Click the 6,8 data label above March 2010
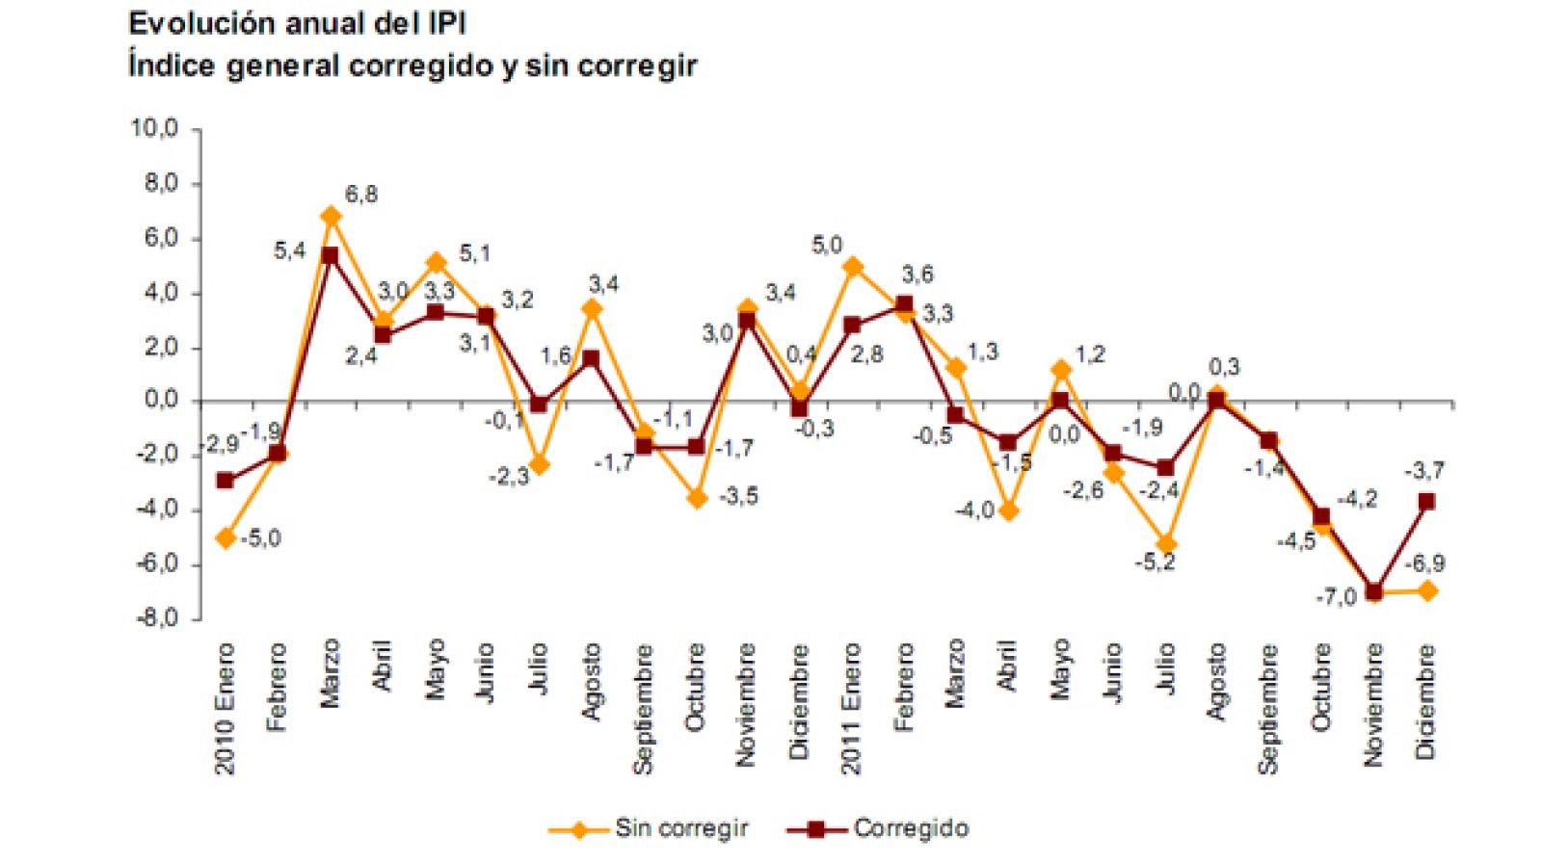pos(361,195)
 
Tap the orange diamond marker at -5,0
pos(226,538)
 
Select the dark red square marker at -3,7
pos(1426,502)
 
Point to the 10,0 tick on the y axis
pos(155,128)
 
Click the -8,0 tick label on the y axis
pos(155,617)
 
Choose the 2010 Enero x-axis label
pos(226,709)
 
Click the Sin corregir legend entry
pos(680,828)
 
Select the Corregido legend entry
pos(910,828)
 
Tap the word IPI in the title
pos(445,23)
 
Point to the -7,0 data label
pos(1336,597)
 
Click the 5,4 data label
pos(289,251)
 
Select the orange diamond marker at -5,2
pos(1166,545)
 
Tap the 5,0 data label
pos(826,246)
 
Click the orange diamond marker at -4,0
pos(1008,511)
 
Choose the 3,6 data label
pos(917,275)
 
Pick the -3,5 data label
pos(738,497)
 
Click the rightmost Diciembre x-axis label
pos(1426,701)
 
